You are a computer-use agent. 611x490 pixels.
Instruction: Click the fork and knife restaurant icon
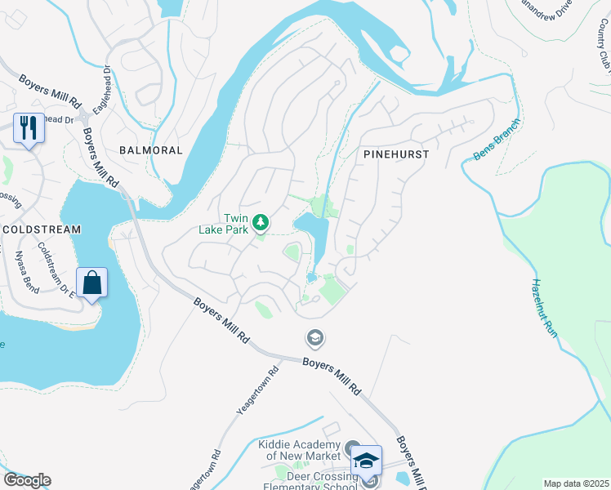pos(28,127)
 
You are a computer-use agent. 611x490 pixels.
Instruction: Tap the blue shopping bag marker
pos(93,283)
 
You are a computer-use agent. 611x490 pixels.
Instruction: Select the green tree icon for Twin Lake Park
pos(261,222)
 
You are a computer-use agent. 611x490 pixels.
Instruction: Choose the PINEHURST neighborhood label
pos(395,154)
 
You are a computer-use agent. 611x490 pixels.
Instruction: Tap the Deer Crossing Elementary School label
pos(310,482)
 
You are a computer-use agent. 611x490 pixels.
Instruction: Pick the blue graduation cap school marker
pos(368,461)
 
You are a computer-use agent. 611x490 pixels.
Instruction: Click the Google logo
pos(27,480)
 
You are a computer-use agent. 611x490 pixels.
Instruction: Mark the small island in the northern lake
pos(399,56)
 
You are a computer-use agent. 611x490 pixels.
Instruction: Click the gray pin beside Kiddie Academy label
pos(352,448)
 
